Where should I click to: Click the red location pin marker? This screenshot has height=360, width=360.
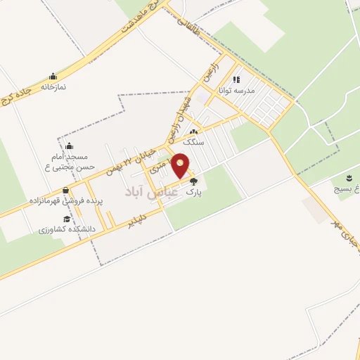181,165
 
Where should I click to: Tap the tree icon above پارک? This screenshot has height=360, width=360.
194,181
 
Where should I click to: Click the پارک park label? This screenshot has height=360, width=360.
194,191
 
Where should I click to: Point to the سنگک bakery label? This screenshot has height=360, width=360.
193,141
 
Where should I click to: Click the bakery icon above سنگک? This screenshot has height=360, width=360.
193,132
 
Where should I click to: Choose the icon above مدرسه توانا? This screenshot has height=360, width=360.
236,79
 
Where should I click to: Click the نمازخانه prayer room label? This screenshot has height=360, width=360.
53,86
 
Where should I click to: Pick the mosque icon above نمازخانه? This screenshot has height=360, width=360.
53,77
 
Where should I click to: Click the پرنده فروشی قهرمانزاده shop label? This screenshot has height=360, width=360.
67,200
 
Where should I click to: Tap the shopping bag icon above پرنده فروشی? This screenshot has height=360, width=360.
66,190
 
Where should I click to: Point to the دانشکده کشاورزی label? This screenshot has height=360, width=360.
67,229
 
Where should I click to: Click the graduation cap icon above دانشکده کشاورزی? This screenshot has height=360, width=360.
66,219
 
